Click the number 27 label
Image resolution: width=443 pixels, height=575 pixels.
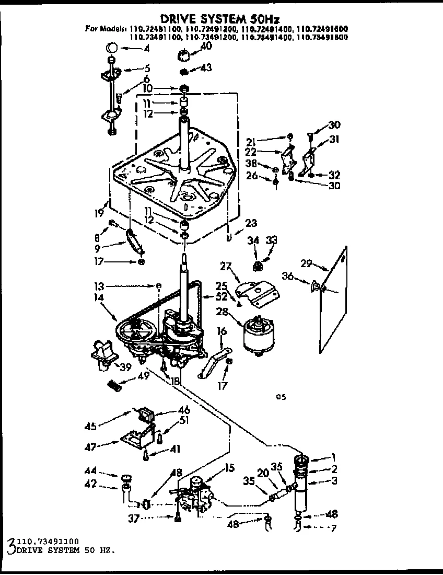226,266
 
